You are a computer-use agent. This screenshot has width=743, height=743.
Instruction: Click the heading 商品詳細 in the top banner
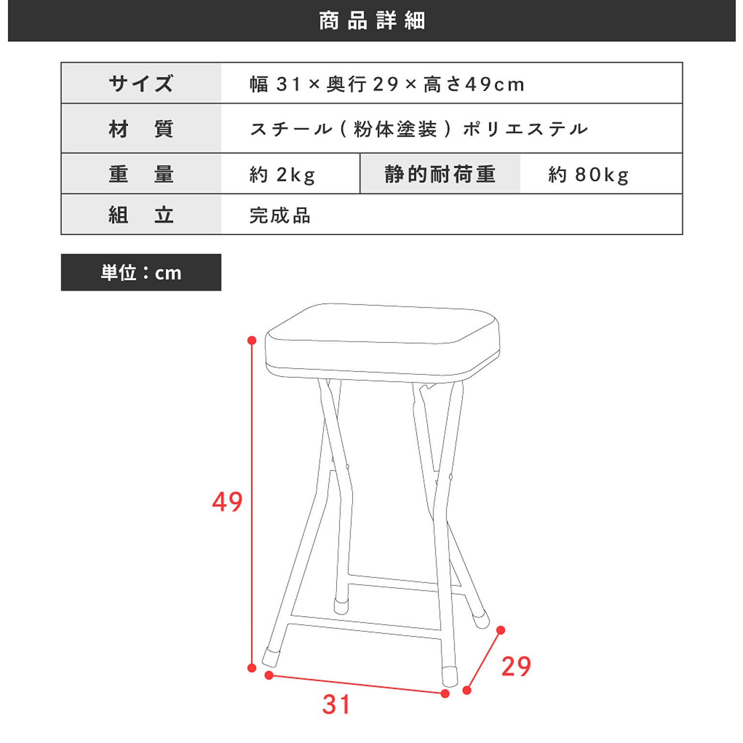[x=371, y=21]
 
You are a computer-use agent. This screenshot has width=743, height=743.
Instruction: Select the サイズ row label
[x=141, y=83]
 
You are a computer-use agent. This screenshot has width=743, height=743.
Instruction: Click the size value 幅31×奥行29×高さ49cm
[x=387, y=84]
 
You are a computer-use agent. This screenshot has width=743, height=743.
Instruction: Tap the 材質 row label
[x=141, y=129]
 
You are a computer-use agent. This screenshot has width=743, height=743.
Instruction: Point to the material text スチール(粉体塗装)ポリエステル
[x=419, y=129]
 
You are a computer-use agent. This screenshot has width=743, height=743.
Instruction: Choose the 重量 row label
[x=141, y=174]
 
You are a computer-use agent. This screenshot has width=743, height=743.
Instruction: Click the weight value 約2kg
[x=282, y=175]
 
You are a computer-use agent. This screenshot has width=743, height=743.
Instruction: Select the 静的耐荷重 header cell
[x=440, y=174]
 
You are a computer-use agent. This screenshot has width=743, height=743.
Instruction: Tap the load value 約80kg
[x=588, y=175]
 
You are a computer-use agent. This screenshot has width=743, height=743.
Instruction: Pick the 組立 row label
[x=141, y=215]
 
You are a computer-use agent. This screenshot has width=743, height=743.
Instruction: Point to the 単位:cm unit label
[x=141, y=273]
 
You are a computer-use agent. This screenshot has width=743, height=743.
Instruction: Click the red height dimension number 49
[x=227, y=502]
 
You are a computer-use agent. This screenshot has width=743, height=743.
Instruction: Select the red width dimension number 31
[x=336, y=705]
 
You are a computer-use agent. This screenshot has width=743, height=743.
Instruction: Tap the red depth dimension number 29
[x=516, y=667]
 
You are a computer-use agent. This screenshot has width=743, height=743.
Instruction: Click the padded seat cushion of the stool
[x=382, y=339]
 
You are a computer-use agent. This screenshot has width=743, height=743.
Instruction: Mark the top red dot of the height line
[x=252, y=341]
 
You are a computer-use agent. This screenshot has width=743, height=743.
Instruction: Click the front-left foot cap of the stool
[x=271, y=656]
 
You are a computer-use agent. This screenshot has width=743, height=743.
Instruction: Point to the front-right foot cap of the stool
[x=450, y=676]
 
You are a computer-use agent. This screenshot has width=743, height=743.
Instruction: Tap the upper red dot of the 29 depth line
[x=501, y=630]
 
